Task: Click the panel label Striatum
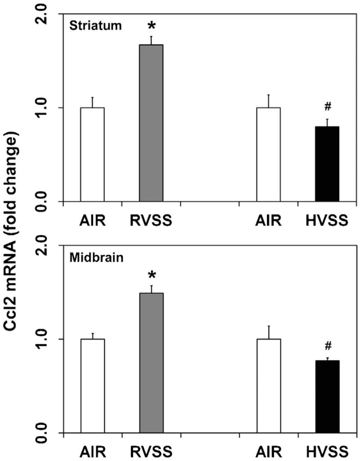[95, 26]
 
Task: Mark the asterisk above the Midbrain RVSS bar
[151, 275]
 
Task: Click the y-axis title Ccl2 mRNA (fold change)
[14, 229]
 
